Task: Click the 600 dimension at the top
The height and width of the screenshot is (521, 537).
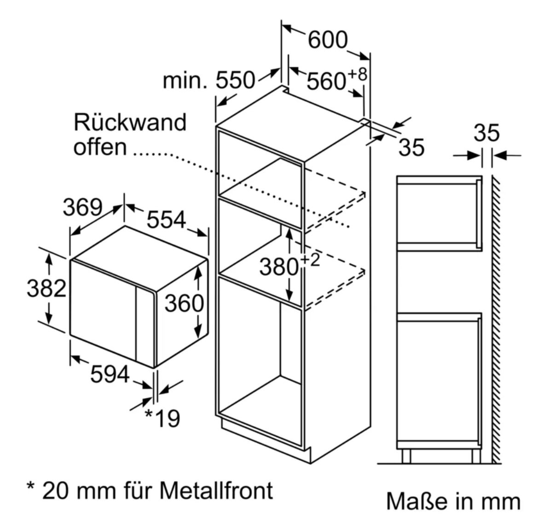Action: [x=328, y=40]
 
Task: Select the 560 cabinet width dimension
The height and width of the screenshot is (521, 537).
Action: [x=326, y=81]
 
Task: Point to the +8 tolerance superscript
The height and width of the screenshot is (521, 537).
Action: [x=358, y=74]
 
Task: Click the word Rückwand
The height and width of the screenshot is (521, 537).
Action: [x=130, y=122]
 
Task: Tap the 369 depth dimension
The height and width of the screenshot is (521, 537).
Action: [x=82, y=207]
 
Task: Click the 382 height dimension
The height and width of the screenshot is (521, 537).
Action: [x=46, y=288]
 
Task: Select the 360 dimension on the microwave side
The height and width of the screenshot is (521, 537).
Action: [x=184, y=304]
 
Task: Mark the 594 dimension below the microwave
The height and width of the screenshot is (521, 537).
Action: [x=110, y=374]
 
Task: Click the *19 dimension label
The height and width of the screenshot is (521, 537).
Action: [x=162, y=417]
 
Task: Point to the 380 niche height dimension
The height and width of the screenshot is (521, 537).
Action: [x=279, y=267]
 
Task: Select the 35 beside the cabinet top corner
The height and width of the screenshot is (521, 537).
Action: [x=411, y=147]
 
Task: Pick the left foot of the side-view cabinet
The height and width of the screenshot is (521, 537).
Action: [x=406, y=456]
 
